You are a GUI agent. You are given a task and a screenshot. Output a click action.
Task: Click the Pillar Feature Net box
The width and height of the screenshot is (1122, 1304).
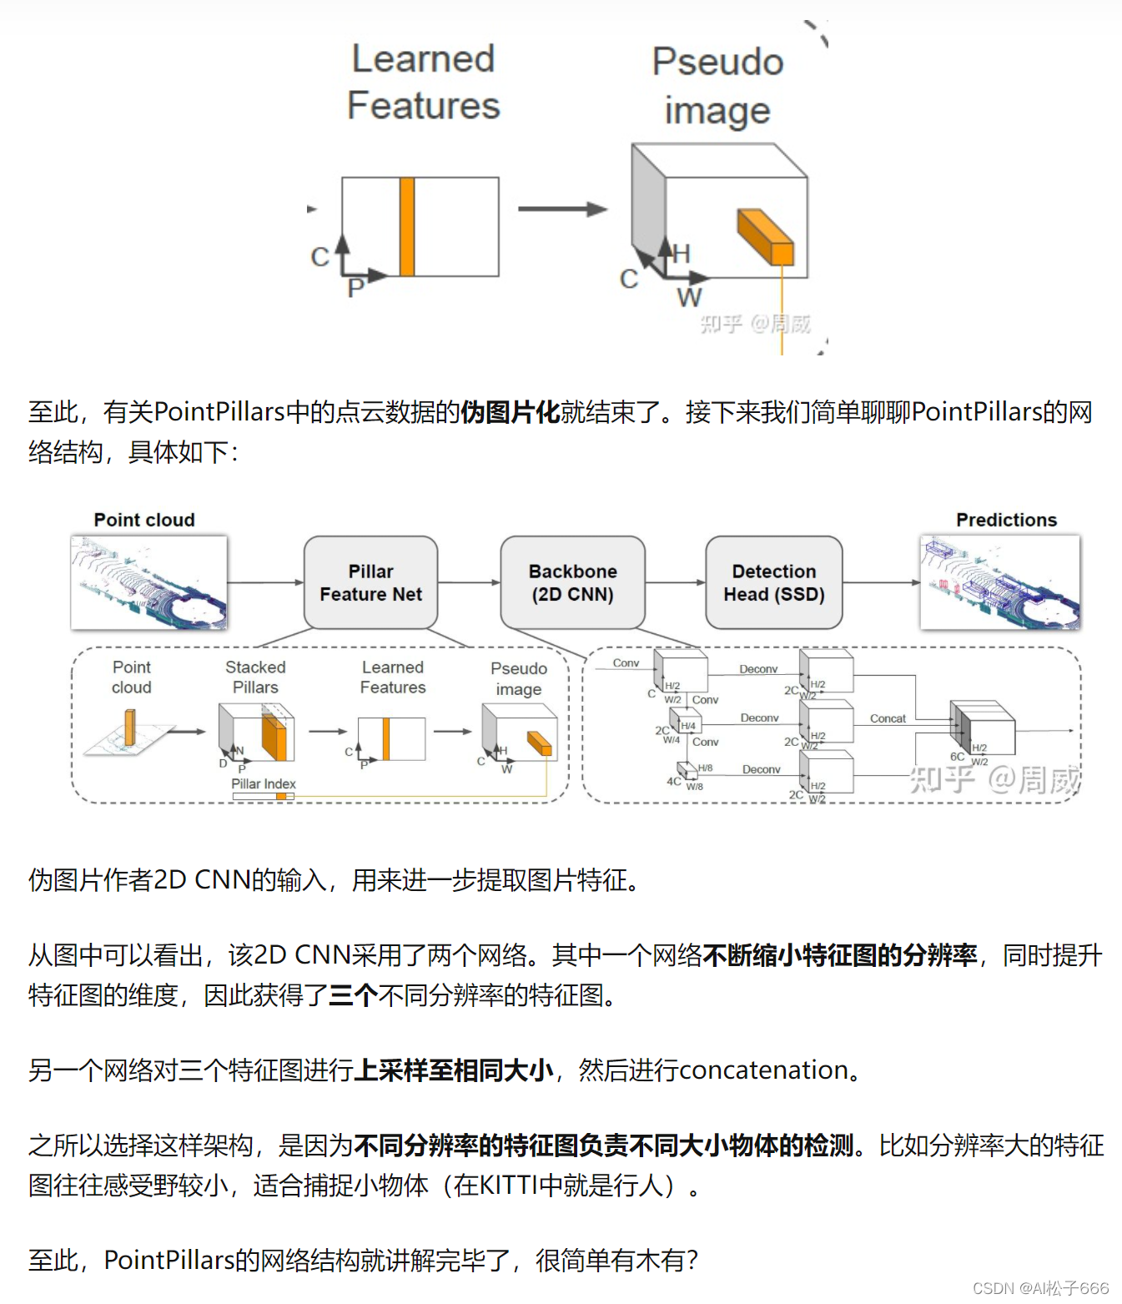coord(370,582)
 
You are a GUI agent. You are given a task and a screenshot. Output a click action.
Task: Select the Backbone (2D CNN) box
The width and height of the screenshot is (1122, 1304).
coord(572,582)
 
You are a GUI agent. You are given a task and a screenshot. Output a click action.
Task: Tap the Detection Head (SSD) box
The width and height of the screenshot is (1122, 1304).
coord(773,582)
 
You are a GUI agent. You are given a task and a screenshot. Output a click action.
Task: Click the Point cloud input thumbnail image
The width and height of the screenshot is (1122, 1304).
coord(149,582)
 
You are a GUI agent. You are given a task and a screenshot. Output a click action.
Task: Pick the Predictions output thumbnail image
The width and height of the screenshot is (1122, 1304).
coord(999,582)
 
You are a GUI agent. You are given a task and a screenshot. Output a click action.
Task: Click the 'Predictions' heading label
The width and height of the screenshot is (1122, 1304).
coord(1006,520)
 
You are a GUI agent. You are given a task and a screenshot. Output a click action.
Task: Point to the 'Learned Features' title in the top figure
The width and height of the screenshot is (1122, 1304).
coord(423,82)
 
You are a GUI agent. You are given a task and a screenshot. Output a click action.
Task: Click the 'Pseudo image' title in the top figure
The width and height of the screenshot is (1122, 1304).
coord(717,85)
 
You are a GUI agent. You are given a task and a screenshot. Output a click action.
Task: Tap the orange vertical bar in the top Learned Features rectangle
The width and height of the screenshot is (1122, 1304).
coord(407,226)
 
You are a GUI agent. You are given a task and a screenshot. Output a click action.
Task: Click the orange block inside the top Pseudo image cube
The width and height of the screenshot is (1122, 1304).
coord(765,237)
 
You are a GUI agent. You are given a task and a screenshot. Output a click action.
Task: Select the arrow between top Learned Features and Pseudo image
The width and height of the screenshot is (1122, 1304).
coord(562,209)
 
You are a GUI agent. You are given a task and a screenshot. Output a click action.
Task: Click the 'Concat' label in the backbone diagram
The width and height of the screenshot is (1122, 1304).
coord(888,718)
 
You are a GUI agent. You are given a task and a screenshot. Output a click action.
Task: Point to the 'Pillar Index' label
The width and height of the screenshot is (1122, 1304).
coord(264,783)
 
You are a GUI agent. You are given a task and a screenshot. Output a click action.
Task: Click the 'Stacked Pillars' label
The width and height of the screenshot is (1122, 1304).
coord(255,677)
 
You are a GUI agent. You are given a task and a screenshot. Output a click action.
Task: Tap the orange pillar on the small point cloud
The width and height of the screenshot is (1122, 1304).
coord(130,727)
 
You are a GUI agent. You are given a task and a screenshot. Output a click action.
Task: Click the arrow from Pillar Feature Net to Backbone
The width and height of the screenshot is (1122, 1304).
coord(469,582)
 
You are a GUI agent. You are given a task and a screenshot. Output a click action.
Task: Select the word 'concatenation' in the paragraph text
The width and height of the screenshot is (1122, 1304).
coord(762,1070)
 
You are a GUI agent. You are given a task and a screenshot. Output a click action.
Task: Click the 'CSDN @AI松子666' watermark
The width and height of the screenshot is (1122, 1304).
coord(1040,1288)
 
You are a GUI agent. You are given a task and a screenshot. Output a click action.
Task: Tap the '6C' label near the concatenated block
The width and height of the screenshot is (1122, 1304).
coord(957,757)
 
